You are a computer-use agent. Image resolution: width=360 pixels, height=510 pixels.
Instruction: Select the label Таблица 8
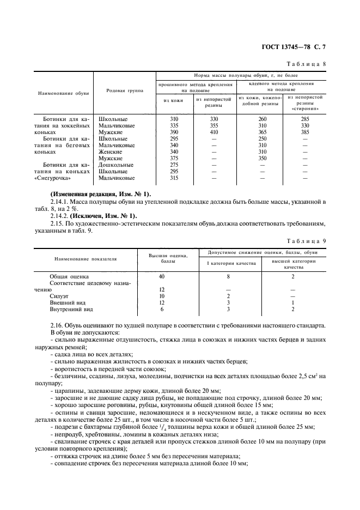point(308,64)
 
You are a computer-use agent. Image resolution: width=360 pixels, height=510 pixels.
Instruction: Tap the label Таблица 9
point(308,240)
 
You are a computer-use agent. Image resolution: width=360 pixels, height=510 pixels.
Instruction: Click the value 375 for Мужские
point(174,159)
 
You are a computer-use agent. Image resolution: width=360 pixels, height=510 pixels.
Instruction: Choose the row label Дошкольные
point(115,165)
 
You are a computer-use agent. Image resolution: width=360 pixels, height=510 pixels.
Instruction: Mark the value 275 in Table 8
point(174,165)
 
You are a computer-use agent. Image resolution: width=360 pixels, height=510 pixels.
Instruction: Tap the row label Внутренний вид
point(71,309)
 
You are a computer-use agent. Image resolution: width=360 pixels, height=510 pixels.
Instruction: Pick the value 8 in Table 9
point(227,276)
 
